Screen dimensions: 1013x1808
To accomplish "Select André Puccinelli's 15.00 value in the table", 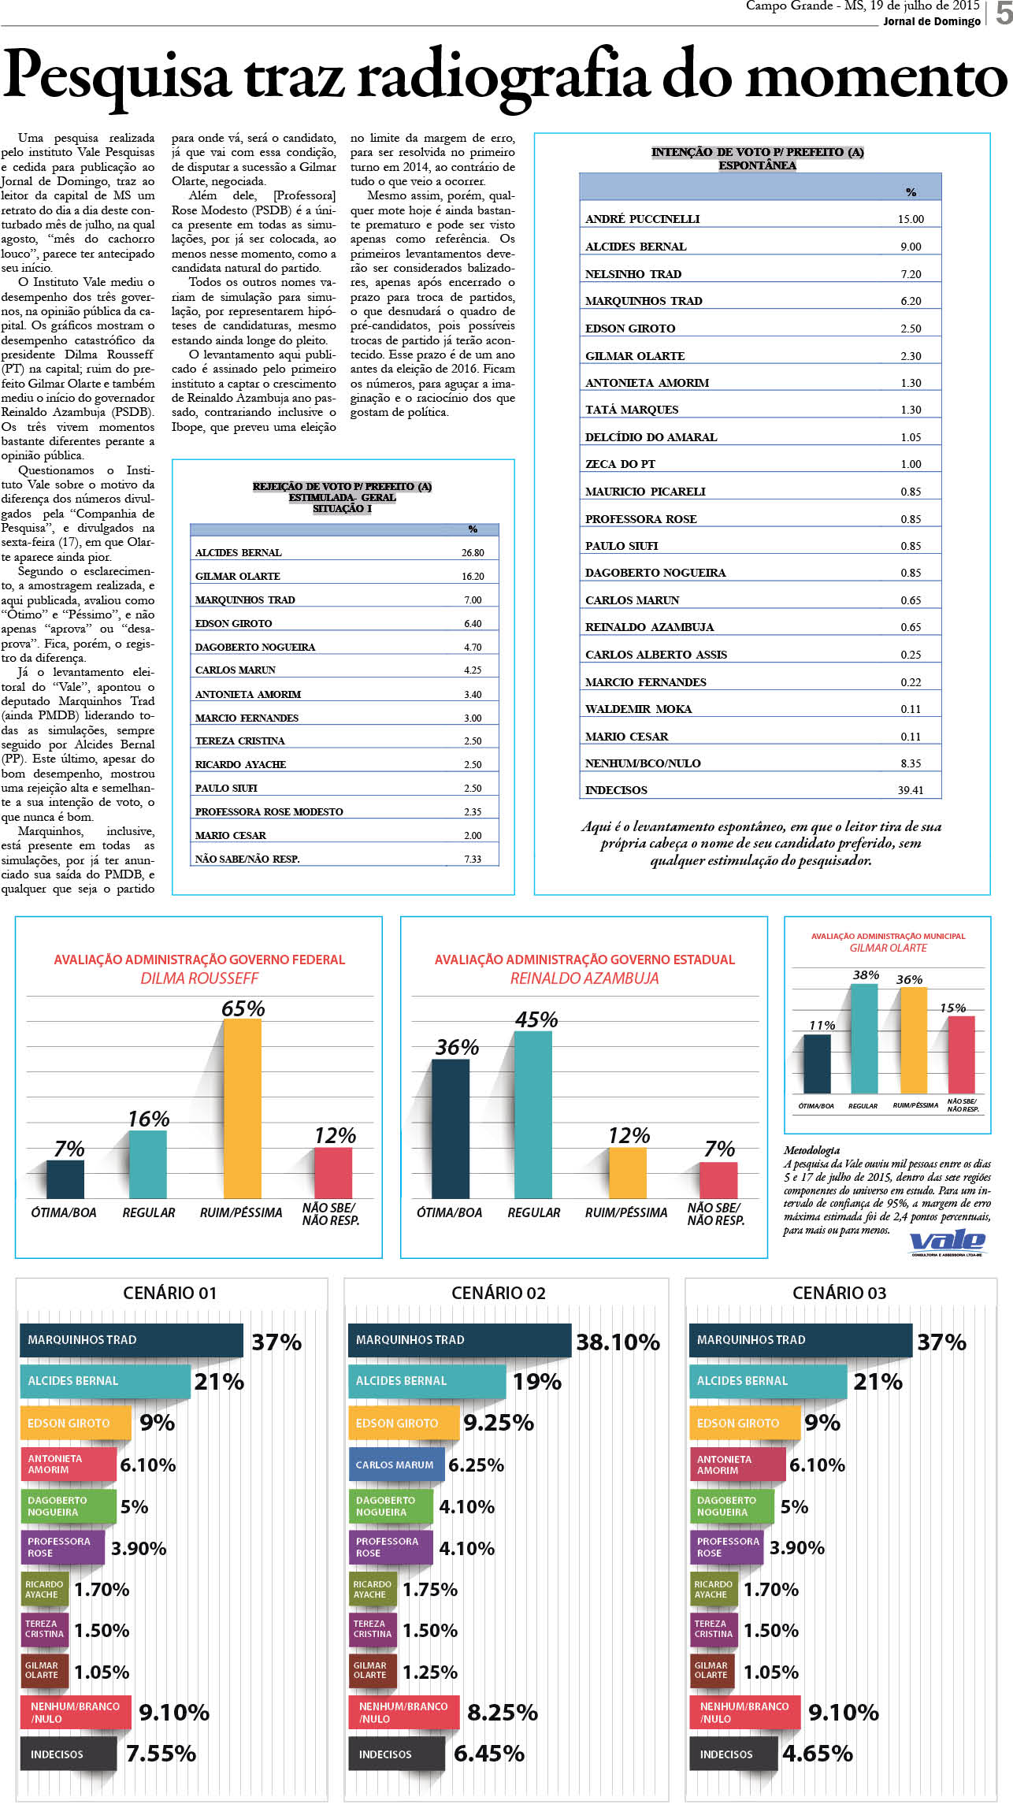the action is pos(911,219).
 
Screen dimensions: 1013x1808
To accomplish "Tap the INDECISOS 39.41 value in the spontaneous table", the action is pos(911,790).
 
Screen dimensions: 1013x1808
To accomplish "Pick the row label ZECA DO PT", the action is pos(620,464).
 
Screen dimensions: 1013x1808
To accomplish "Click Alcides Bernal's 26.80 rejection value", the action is pos(473,553).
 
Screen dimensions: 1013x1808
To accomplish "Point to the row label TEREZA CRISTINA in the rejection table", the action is pos(239,741).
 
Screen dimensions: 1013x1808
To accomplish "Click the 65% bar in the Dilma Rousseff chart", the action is pos(243,1108).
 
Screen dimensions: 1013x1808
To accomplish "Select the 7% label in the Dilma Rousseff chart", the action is pos(69,1149).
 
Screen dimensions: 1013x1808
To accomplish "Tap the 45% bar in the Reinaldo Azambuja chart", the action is pos(533,1115).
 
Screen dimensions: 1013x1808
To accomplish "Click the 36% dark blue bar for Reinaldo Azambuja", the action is pos(451,1129).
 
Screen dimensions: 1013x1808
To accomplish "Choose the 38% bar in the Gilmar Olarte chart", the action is pos(864,1038).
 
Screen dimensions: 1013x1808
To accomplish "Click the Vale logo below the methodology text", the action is pos(947,1242).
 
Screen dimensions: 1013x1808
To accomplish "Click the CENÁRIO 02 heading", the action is pos(499,1293).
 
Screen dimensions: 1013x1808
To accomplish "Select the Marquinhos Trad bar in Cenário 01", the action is pos(132,1340).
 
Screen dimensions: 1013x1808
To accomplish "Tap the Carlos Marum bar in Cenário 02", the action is pos(396,1465).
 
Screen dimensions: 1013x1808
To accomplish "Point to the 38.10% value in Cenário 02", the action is pos(618,1342).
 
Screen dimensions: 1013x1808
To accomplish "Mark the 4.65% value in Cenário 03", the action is pos(818,1754).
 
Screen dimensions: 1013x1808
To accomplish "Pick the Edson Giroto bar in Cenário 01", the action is pos(76,1424).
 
